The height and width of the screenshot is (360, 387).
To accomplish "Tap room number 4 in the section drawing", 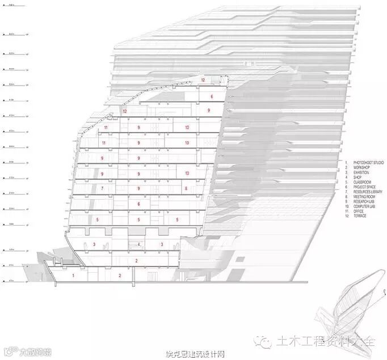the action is coord(139,244).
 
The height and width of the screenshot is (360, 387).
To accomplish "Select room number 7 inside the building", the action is coord(102,188).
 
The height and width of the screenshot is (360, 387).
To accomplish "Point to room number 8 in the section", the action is coord(186,188).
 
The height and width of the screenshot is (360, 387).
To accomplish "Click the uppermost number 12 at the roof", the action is coord(202,81).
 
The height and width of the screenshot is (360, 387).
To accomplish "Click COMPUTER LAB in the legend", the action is coord(364,207).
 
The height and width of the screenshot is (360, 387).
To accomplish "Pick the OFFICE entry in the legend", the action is coord(359,211).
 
